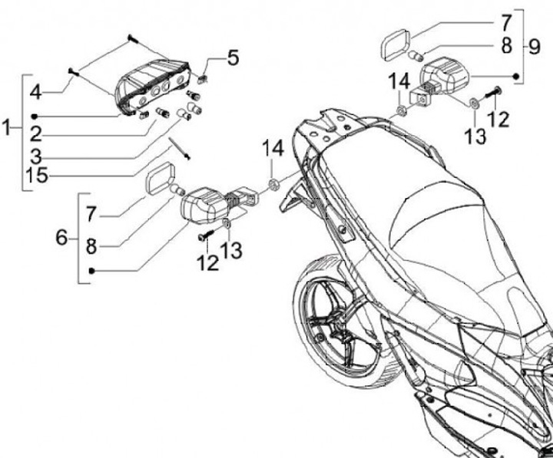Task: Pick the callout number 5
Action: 233,58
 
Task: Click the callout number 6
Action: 62,238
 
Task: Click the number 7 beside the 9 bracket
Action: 505,20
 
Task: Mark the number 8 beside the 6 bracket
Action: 91,247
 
